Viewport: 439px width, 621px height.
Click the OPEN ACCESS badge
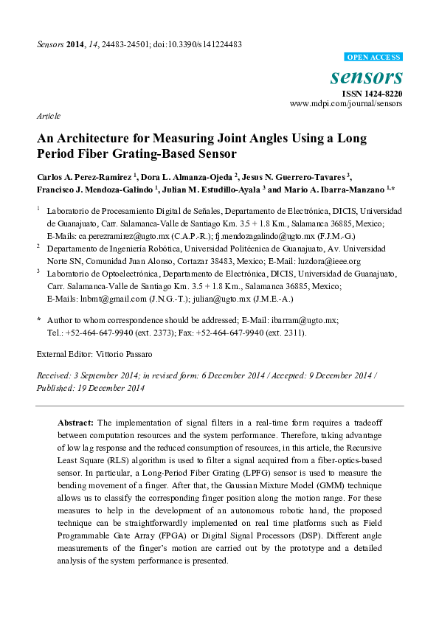pos(374,58)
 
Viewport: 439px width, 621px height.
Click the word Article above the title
pos(48,117)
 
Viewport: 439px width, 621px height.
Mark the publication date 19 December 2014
pos(110,388)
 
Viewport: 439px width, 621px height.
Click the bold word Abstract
pos(75,423)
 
